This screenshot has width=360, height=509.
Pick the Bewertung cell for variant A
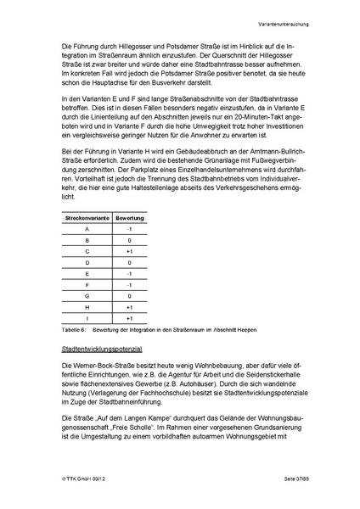click(129, 229)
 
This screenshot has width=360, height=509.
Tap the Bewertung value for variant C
click(129, 251)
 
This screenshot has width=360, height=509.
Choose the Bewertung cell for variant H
click(129, 307)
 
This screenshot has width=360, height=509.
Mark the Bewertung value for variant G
click(129, 296)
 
